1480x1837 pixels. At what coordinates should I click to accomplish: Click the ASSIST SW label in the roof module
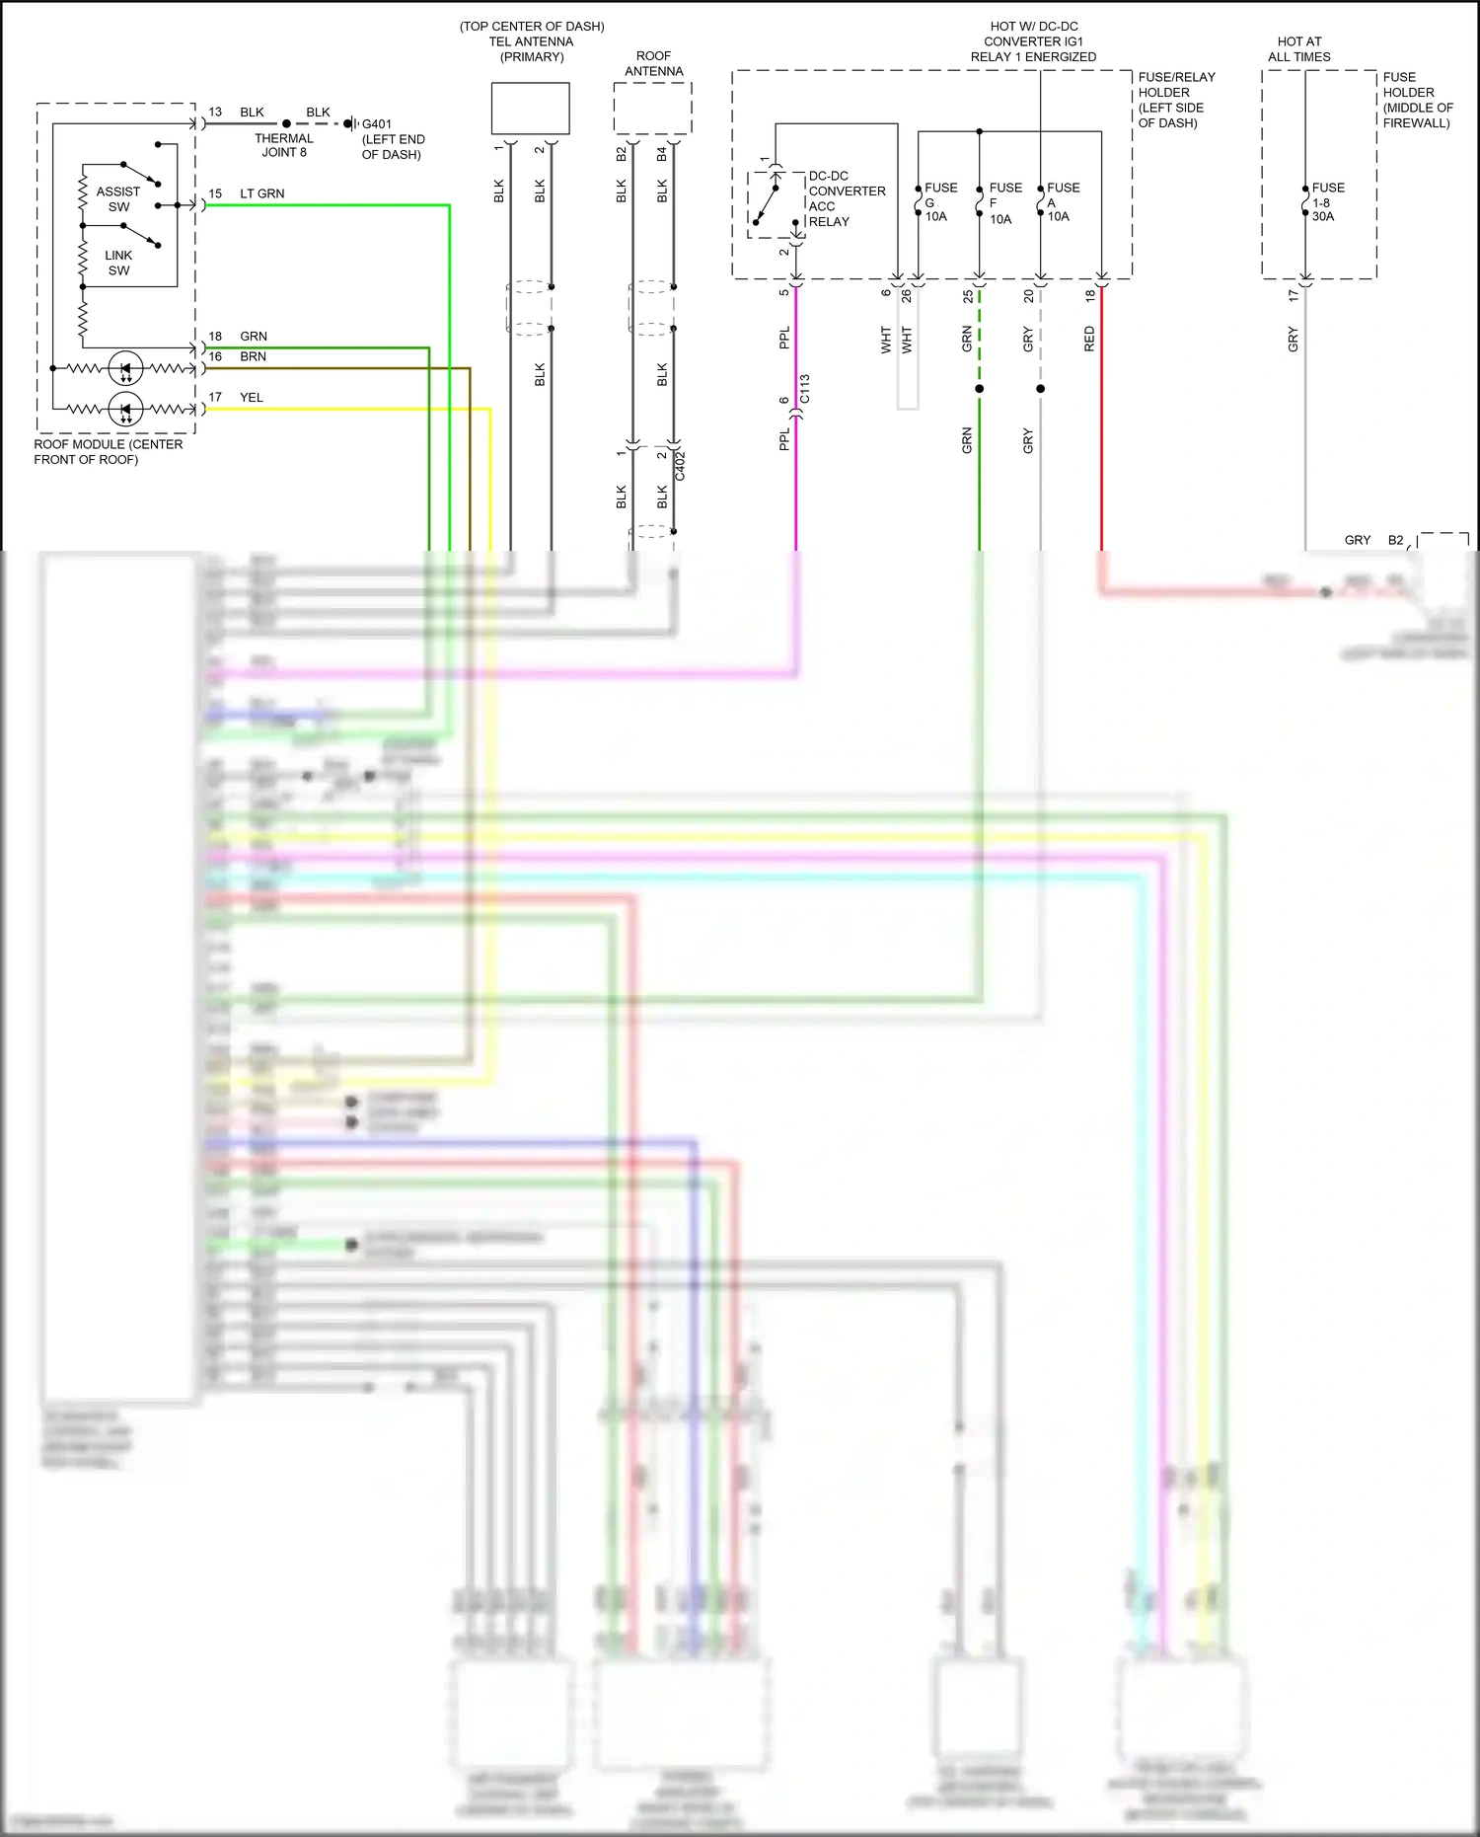point(117,198)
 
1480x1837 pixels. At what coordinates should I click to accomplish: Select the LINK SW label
point(118,263)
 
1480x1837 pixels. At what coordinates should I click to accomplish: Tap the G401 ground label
point(377,124)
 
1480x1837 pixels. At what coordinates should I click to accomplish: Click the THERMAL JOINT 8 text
point(283,145)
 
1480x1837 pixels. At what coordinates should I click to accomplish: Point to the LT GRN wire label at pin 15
point(261,193)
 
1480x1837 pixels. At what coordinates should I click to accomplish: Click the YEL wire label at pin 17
point(252,397)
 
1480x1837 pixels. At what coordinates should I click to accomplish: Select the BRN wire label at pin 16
point(253,356)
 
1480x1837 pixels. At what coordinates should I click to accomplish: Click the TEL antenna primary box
point(530,109)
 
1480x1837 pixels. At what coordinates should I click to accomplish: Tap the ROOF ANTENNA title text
point(653,63)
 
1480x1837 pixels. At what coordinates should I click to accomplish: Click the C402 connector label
point(679,465)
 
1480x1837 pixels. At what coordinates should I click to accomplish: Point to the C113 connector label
point(804,389)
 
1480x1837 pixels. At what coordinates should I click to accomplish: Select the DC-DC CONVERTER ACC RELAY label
point(846,198)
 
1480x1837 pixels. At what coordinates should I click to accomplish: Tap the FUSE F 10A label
point(1004,202)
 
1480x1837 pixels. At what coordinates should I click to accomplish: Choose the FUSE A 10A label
point(1062,201)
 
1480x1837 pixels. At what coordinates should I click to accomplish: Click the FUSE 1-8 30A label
point(1327,201)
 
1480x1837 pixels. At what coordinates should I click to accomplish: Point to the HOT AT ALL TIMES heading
point(1298,49)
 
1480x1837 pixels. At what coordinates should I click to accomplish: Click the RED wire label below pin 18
point(1089,339)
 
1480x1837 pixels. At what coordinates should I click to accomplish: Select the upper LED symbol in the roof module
point(125,368)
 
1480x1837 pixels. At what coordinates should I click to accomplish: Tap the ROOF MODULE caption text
point(108,451)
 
